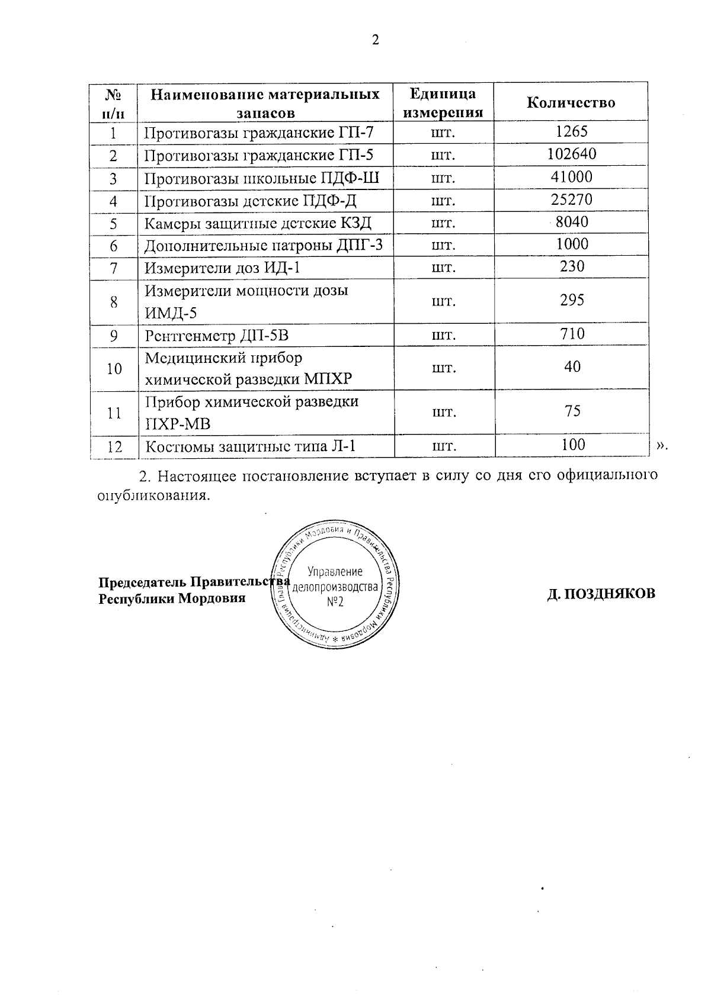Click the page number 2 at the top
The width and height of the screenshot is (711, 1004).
tap(374, 40)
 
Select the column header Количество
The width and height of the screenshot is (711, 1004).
tap(571, 103)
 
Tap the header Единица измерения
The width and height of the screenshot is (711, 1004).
tap(443, 103)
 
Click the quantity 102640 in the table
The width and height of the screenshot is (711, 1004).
tap(572, 155)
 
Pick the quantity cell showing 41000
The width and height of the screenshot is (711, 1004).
tap(571, 177)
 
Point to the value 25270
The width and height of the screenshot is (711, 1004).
tap(571, 199)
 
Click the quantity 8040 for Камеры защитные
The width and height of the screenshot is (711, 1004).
tap(572, 222)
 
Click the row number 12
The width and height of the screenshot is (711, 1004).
tap(114, 446)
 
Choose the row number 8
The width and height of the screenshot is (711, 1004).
tap(114, 302)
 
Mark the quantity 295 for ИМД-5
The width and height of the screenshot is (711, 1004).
tap(572, 300)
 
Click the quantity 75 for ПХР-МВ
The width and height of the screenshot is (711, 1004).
tap(572, 411)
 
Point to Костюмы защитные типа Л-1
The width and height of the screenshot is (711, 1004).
tap(251, 446)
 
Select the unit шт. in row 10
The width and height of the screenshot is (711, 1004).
tap(443, 368)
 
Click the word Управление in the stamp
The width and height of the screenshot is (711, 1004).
tap(335, 571)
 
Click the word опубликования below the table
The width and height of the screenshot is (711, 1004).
tap(153, 495)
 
